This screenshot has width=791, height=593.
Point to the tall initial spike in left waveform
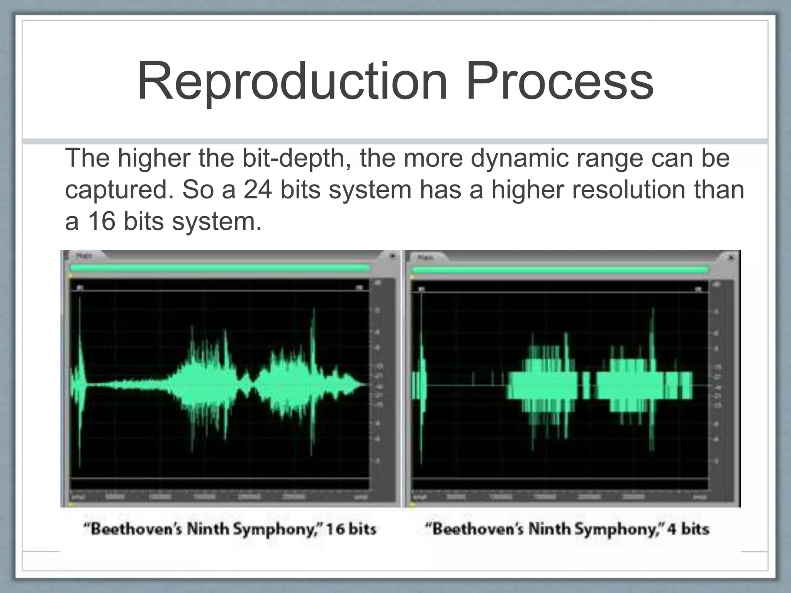pyautogui.click(x=80, y=347)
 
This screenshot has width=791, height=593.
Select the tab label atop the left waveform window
pyautogui.click(x=84, y=256)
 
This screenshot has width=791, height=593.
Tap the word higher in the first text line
pyautogui.click(x=154, y=158)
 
